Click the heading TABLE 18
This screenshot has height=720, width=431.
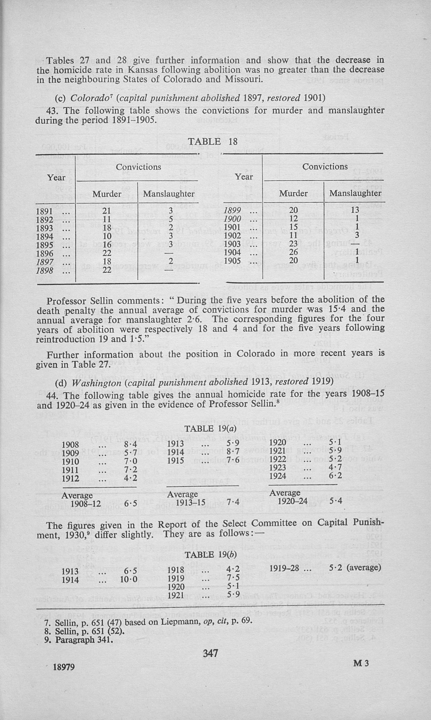213,141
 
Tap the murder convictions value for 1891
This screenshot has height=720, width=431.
107,211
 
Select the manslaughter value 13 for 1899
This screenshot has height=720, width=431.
355,210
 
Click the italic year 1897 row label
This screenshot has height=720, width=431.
45,262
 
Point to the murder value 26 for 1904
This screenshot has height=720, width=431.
293,252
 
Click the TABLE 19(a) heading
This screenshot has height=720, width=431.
210,428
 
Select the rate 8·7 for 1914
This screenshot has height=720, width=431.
233,452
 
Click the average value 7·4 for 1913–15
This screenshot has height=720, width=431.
233,501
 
